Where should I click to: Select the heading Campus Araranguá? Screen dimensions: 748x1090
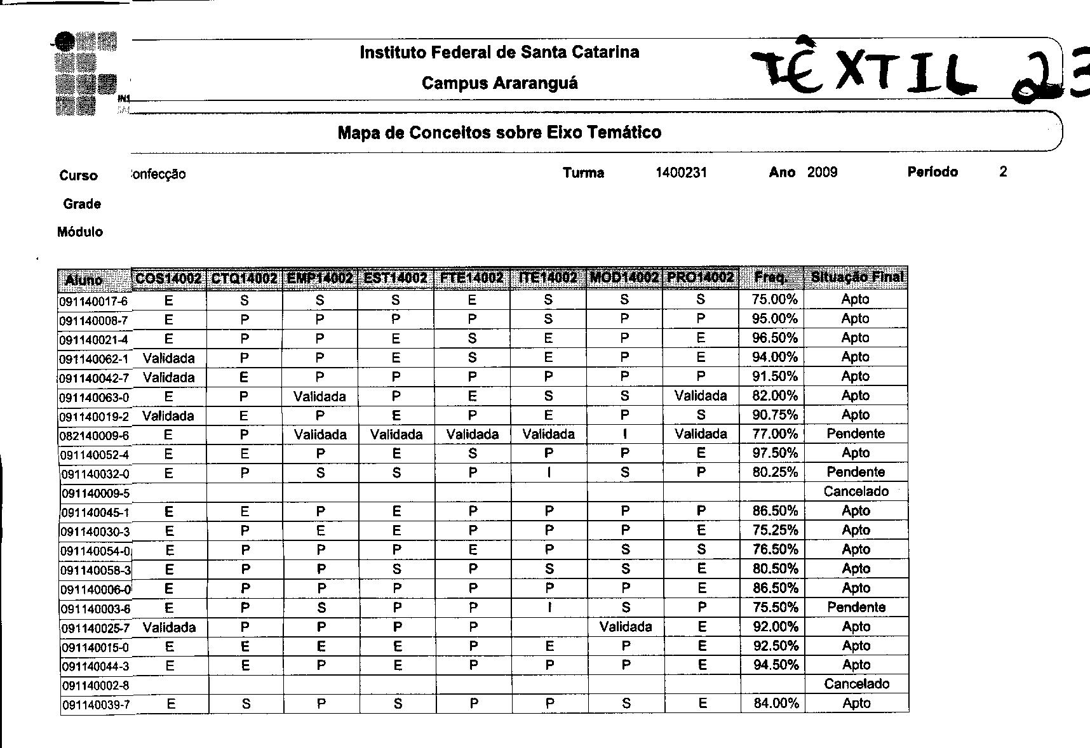499,83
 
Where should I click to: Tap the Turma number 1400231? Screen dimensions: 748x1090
681,172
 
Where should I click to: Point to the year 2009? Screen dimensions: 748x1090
822,172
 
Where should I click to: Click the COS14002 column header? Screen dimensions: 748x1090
169,278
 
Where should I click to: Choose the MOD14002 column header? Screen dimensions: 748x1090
624,277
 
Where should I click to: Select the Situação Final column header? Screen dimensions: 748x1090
856,277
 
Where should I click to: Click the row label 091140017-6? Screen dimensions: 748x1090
94,301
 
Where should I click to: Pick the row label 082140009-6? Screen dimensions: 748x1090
94,436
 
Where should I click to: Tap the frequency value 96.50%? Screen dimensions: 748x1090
774,338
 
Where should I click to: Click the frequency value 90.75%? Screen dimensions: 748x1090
774,415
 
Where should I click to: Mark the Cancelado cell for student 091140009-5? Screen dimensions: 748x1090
856,491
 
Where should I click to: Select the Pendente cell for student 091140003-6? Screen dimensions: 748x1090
856,607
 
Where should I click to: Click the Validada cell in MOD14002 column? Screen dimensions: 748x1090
625,627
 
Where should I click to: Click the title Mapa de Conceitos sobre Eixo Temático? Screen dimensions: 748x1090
499,133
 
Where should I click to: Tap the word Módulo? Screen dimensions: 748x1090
80,232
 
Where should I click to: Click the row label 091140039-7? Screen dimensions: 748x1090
96,705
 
